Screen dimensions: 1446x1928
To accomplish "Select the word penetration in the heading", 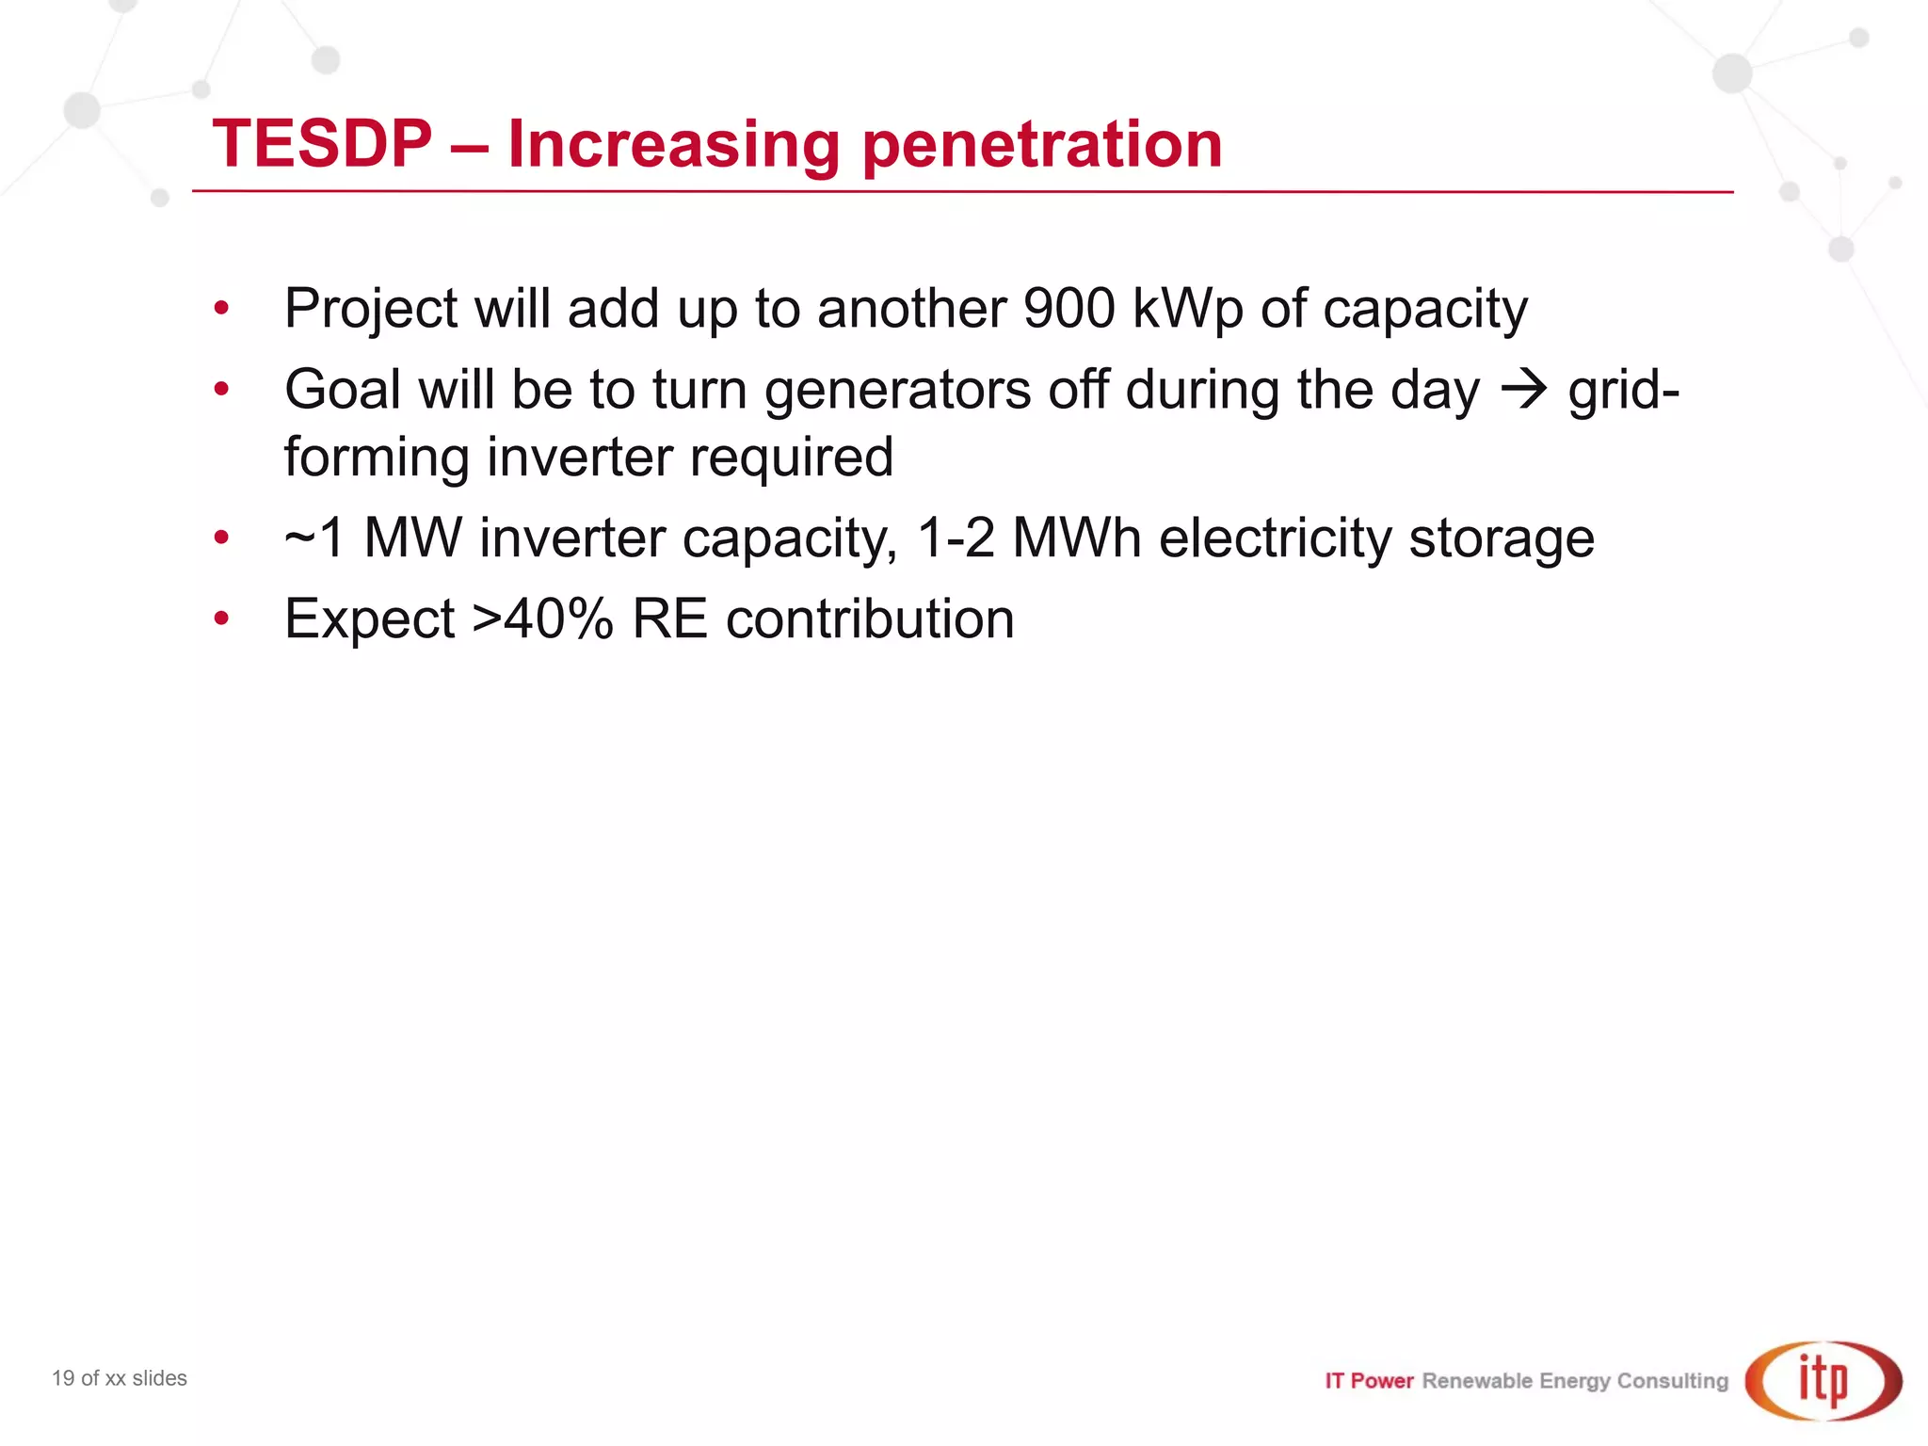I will [x=1042, y=146].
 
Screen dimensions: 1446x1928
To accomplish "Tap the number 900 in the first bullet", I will [x=1068, y=308].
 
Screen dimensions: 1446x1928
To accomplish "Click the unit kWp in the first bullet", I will [x=1187, y=310].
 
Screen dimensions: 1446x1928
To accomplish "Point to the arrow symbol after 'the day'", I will [x=1523, y=389].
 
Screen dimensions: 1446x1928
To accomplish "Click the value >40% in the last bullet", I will [x=543, y=619].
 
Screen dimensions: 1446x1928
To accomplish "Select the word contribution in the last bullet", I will [x=870, y=619].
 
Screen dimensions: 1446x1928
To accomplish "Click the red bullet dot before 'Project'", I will [x=221, y=308].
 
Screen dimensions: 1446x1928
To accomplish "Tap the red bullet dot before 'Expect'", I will [x=221, y=619].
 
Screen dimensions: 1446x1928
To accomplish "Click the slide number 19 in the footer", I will [x=63, y=1378].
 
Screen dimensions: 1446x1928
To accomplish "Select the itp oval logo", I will [x=1823, y=1381].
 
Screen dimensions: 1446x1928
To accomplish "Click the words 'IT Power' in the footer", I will [x=1369, y=1381].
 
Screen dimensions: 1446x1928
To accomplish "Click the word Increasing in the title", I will [x=672, y=146].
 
